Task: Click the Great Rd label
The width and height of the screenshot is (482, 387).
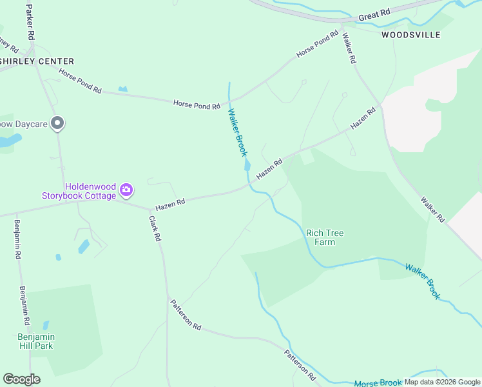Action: pos(375,14)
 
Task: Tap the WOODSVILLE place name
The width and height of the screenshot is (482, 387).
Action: pos(410,34)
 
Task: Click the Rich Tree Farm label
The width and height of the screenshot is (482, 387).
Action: pos(320,237)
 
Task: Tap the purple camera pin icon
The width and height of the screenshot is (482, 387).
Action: pos(127,190)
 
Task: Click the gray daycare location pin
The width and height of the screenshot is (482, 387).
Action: pos(57,123)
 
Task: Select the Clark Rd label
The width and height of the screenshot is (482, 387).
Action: pos(154,228)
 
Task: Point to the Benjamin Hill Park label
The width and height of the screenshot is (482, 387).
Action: pos(35,341)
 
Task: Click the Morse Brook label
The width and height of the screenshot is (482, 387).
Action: pos(378,383)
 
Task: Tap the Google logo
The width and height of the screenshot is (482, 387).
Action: pos(21,379)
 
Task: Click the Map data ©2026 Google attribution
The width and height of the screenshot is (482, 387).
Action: pos(442,382)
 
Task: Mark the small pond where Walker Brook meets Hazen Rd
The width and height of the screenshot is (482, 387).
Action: pos(247,166)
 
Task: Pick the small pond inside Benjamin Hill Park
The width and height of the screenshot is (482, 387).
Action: pos(45,326)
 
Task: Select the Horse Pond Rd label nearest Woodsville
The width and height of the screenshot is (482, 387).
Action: pos(317,44)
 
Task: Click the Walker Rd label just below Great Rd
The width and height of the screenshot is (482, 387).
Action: pos(349,48)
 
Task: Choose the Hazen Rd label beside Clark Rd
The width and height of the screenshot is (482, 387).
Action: pos(171,203)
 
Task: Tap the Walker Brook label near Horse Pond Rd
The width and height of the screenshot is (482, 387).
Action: pos(236,132)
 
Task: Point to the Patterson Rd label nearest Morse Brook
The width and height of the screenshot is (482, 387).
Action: pos(300,364)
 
